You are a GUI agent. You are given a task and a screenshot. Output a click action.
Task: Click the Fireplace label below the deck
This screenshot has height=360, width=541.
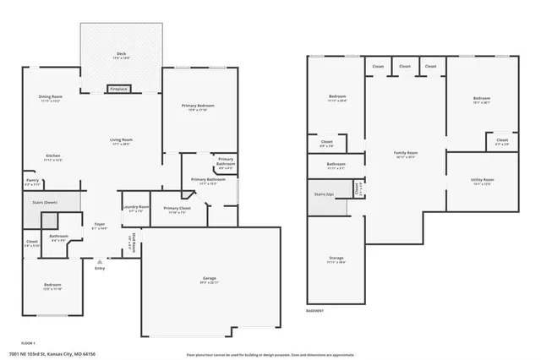click(118, 89)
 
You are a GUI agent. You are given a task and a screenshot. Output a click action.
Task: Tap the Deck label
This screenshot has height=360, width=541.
click(121, 55)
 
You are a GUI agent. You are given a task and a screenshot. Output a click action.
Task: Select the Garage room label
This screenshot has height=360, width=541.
click(209, 279)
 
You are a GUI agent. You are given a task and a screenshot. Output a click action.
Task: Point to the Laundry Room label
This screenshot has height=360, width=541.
click(135, 208)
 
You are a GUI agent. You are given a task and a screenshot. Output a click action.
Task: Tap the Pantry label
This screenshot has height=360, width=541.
click(32, 181)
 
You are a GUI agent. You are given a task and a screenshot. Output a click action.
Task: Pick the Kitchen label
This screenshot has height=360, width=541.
click(52, 156)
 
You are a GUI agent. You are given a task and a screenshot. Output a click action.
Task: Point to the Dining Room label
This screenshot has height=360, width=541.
click(51, 98)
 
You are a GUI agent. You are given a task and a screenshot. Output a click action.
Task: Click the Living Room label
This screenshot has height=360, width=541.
click(121, 140)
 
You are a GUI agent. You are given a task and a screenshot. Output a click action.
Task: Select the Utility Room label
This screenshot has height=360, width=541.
click(482, 181)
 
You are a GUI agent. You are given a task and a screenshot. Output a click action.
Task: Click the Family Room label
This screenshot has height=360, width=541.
click(406, 154)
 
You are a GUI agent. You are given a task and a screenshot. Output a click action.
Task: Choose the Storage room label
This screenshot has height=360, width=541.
click(336, 259)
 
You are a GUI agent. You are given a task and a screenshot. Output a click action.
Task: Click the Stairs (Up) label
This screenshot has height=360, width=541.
click(324, 195)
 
